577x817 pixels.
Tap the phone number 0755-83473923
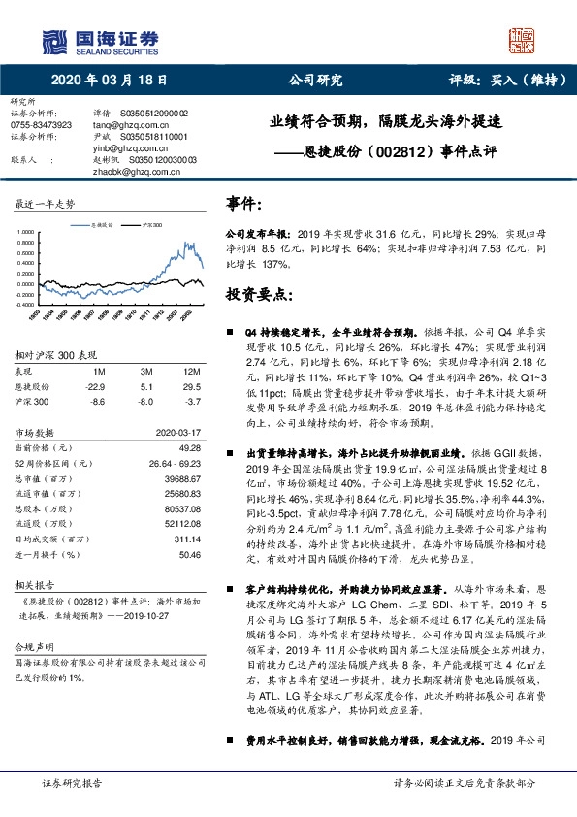click(40, 125)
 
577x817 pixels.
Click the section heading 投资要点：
click(261, 293)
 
